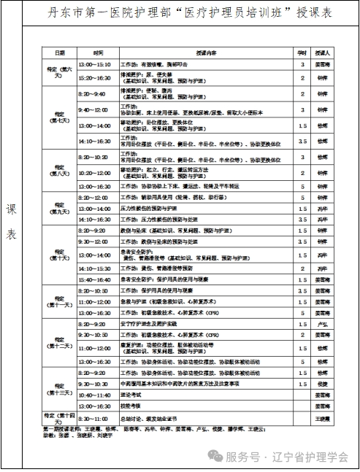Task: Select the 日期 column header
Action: [58, 54]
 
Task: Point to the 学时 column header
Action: [301, 54]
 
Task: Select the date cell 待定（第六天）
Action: [58, 70]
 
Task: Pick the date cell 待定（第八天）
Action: [58, 172]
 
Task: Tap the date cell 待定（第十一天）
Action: [58, 301]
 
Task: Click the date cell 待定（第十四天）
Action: [58, 417]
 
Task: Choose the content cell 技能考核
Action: [131, 406]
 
